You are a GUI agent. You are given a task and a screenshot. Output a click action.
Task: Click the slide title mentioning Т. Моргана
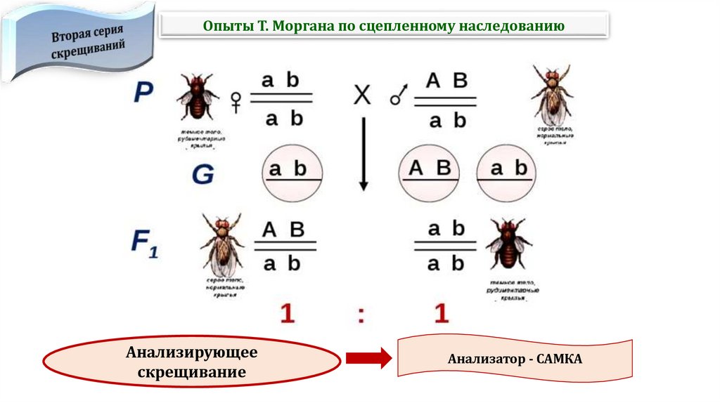pyautogui.click(x=384, y=26)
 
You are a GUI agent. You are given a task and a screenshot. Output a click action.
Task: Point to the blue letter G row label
pyautogui.click(x=202, y=174)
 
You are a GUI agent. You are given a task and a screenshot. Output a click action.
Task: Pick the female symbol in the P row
pyautogui.click(x=236, y=103)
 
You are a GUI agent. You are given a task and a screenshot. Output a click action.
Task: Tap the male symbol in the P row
pyautogui.click(x=399, y=97)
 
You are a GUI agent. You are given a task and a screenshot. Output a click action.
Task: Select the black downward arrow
pyautogui.click(x=364, y=154)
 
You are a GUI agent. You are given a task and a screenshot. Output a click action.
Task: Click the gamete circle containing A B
pyautogui.click(x=429, y=172)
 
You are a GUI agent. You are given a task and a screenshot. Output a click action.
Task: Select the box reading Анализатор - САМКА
pyautogui.click(x=515, y=359)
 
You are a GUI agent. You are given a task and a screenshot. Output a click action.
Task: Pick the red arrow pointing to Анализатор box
pyautogui.click(x=368, y=359)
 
